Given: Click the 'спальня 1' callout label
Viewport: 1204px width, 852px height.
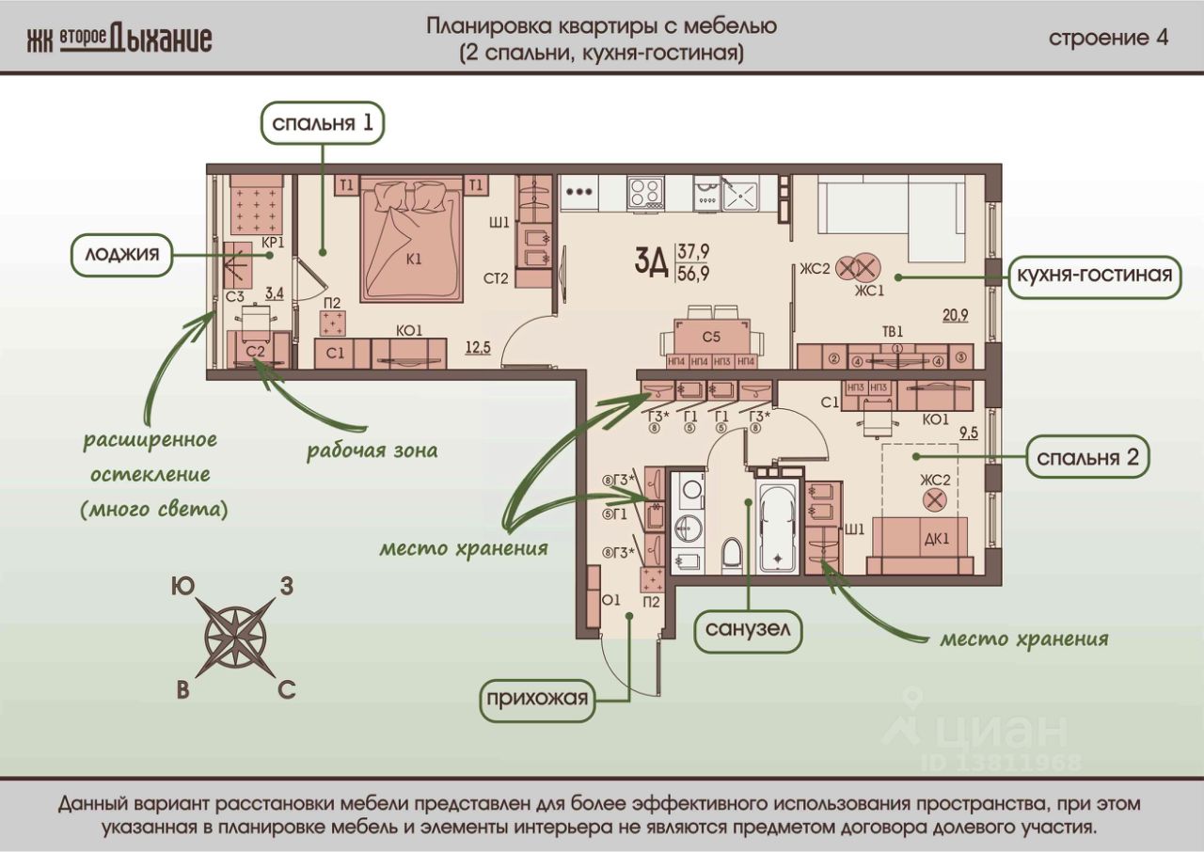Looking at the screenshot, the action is [x=323, y=123].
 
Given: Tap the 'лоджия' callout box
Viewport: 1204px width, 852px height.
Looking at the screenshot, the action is [x=122, y=255].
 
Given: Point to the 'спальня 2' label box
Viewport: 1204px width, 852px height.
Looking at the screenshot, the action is [x=1088, y=457].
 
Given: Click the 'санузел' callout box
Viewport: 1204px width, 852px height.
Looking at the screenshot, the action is [x=748, y=630].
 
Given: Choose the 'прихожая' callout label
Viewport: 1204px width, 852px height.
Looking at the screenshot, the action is [x=537, y=700].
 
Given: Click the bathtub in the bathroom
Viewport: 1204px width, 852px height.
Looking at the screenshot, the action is [x=778, y=527].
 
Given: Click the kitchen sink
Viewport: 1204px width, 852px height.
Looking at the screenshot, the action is [x=740, y=194].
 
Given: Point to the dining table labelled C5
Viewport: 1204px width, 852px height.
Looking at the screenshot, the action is [x=712, y=337].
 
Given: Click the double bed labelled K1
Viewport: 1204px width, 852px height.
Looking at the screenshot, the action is [x=413, y=240].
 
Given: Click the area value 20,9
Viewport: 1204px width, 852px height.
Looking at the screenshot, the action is [x=955, y=315].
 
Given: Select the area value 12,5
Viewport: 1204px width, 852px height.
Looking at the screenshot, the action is [x=478, y=348].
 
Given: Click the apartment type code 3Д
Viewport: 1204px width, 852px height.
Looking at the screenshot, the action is [x=651, y=261].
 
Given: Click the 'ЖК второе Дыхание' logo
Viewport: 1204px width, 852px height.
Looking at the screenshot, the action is [x=119, y=39].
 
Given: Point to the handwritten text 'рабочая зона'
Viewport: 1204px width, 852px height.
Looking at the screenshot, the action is [x=372, y=450].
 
